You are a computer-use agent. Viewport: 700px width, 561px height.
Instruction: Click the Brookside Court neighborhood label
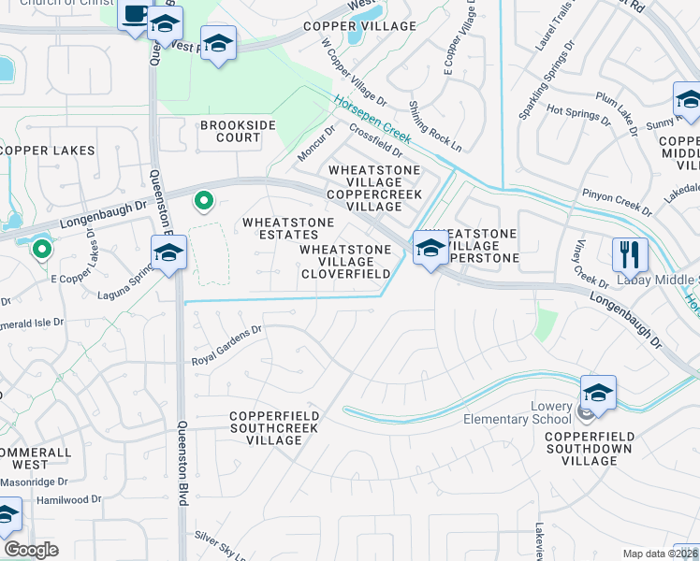(230, 131)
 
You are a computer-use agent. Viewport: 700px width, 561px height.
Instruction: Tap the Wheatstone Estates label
(288, 228)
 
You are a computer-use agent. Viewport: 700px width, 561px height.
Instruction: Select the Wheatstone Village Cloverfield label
(345, 262)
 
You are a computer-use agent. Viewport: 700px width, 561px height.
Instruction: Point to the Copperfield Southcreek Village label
(276, 422)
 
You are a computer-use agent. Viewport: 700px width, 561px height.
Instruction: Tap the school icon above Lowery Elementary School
(598, 393)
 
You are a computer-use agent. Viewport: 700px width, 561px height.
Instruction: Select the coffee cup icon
(134, 16)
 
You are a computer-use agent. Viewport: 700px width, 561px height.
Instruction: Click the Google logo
(30, 550)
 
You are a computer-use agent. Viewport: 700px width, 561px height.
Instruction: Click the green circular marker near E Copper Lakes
(41, 249)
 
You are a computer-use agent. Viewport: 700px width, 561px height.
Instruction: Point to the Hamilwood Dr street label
(68, 500)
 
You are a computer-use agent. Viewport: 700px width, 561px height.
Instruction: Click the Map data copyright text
(660, 554)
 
